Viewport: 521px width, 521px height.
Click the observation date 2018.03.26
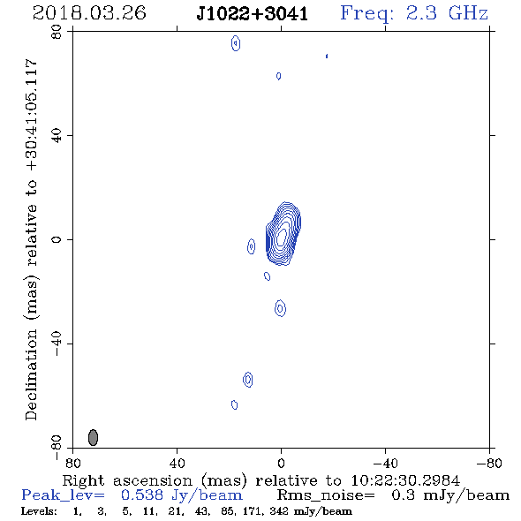89,13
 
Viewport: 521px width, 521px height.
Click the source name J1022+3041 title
253,14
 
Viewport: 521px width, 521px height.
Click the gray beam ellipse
93,437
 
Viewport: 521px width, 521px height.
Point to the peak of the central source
282,235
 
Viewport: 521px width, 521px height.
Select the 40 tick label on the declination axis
57,136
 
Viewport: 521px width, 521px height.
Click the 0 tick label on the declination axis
57,239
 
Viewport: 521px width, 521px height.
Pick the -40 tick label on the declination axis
57,344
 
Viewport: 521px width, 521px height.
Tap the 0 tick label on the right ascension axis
281,464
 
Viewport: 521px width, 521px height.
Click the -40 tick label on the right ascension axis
385,464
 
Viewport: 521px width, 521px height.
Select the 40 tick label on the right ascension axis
177,464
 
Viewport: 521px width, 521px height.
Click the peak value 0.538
142,495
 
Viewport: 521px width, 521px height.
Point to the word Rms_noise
326,495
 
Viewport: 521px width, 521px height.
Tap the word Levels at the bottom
39,511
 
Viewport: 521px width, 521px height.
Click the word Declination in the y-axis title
31,374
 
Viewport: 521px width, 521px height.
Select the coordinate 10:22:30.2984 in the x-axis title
405,480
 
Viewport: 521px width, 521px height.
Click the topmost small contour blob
236,43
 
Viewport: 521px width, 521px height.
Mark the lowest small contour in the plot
235,404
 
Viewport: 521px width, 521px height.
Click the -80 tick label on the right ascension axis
489,464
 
